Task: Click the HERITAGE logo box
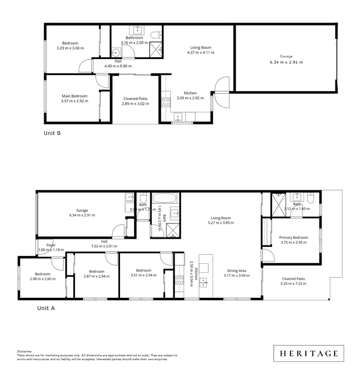click(309, 354)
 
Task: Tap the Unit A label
click(46, 308)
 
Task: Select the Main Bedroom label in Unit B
click(74, 96)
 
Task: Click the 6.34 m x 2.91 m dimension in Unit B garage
click(286, 62)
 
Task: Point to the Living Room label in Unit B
click(200, 48)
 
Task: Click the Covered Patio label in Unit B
click(135, 98)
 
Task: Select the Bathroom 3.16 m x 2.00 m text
click(134, 40)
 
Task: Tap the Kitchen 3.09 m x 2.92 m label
click(190, 96)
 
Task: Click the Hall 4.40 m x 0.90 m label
click(118, 63)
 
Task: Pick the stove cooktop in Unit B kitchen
click(166, 102)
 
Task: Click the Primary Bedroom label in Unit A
click(293, 237)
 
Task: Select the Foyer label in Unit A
click(51, 245)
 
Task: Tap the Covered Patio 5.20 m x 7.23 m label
click(293, 281)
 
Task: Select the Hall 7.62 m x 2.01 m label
click(104, 244)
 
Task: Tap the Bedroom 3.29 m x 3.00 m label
click(70, 45)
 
